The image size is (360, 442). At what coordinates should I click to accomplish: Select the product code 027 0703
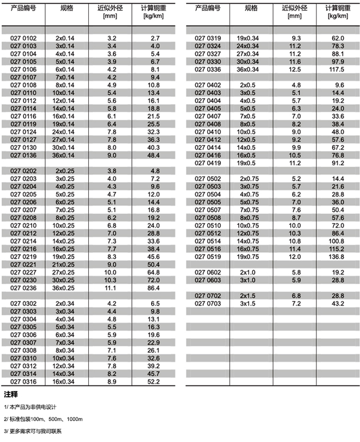[208, 303]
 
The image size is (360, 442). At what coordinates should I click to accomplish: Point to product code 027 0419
[208, 163]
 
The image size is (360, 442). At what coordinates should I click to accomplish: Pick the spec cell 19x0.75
[248, 256]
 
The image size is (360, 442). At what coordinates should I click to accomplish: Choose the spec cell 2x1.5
[248, 295]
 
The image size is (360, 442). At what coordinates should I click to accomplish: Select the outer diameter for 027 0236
[111, 288]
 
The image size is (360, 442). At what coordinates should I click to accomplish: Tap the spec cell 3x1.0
[248, 280]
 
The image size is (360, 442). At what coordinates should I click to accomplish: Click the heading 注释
[11, 395]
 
